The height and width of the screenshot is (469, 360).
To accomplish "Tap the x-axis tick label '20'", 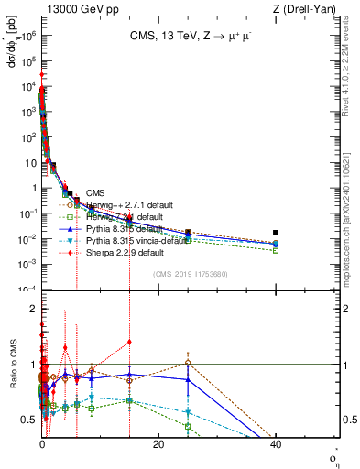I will [x=158, y=443].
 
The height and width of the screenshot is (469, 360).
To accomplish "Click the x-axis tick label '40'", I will [x=275, y=443].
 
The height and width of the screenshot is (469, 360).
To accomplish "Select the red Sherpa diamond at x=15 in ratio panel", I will [x=129, y=342].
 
